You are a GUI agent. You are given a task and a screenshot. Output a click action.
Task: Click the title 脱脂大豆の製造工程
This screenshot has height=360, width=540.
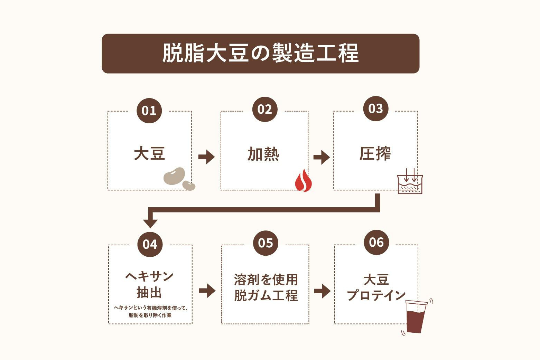260,53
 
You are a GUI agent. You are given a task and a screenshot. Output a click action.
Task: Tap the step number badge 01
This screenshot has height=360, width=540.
149,111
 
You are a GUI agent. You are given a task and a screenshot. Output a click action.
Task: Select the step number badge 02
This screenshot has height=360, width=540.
264,109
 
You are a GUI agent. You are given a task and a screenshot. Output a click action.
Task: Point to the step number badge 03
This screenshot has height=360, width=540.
375,108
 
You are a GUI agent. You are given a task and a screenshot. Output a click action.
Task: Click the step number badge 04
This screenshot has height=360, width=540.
150,244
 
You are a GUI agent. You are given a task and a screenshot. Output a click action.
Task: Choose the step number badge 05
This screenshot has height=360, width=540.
265,243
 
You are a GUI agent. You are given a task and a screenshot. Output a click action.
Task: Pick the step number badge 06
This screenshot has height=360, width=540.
376,242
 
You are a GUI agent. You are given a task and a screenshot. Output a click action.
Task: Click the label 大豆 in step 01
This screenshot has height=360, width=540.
149,154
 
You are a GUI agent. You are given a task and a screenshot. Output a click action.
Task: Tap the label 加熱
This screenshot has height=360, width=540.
263,154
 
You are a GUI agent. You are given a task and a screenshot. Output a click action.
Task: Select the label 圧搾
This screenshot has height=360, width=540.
375,154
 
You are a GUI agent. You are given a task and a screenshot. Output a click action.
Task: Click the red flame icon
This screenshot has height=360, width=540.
303,180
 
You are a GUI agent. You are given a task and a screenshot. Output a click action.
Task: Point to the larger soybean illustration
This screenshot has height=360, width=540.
174,176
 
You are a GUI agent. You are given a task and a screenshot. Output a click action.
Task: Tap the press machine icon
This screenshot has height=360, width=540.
410,181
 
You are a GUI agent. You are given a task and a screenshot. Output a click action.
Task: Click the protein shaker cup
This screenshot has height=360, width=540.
416,316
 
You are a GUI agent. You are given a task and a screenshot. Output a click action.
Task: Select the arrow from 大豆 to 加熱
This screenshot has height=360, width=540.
206,157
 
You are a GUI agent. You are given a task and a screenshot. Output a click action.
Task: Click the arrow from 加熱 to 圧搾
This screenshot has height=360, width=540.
321,157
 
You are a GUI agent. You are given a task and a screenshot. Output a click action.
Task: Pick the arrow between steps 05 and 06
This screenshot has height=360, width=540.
322,291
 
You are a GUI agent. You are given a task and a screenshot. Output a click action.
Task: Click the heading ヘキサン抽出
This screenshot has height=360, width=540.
149,284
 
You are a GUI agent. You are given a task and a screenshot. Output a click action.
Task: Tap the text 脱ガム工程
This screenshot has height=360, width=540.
266,296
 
